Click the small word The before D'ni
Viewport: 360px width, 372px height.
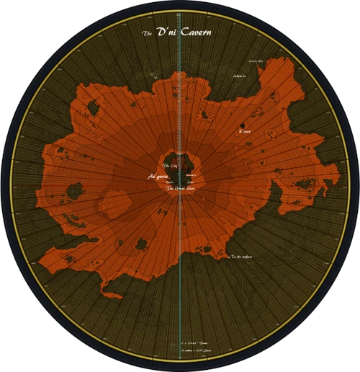[x=146, y=35]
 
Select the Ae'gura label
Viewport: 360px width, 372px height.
[x=157, y=175]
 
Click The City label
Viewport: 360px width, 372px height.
[x=170, y=165]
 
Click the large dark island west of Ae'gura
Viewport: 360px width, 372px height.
[x=74, y=191]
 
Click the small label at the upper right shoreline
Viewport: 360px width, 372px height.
[x=256, y=62]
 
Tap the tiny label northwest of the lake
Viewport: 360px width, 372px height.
[x=153, y=75]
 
